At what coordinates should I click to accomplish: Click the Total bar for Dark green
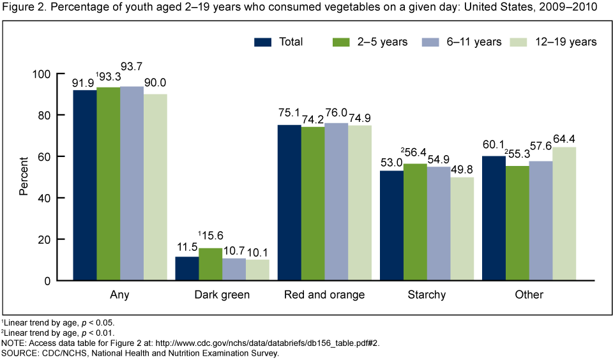pyautogui.click(x=186, y=268)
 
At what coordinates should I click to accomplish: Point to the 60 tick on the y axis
pyautogui.click(x=59, y=156)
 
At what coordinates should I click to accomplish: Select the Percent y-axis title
pyautogui.click(x=23, y=177)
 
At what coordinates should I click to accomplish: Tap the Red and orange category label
pyautogui.click(x=324, y=294)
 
